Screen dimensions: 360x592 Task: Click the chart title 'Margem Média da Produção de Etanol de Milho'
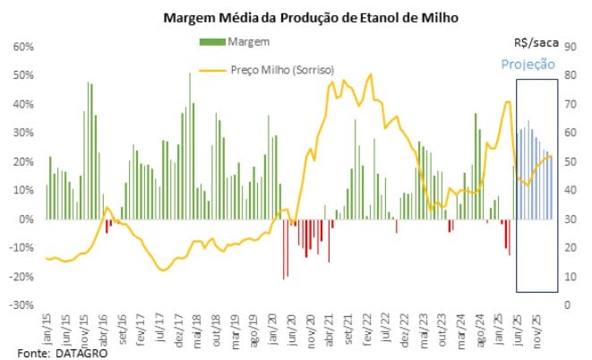[296, 17]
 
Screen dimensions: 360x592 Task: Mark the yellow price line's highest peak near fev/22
[370, 75]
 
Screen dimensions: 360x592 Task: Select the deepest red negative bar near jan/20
[284, 249]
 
